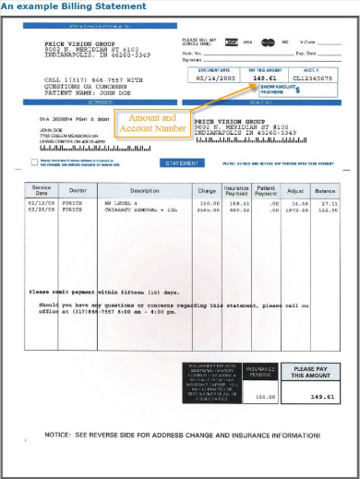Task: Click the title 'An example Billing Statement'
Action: click(x=74, y=6)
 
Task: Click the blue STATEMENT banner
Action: click(x=184, y=162)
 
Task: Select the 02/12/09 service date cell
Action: click(x=42, y=202)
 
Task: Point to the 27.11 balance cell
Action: click(x=329, y=202)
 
